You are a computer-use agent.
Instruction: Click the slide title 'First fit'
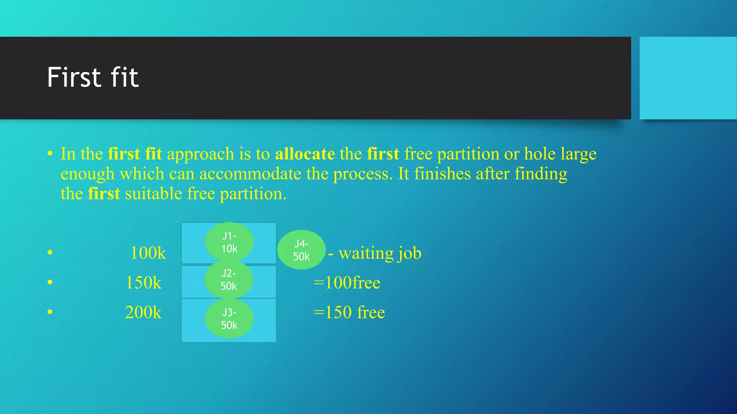coord(92,77)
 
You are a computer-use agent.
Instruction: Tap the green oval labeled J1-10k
coord(229,242)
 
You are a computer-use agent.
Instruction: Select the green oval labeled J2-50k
coord(229,280)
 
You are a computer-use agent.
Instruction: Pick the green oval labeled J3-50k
coord(229,319)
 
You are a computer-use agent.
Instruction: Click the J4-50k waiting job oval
coord(302,250)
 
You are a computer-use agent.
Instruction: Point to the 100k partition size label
coord(148,253)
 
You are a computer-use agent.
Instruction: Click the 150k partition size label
coord(143,282)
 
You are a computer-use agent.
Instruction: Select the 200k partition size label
coord(143,312)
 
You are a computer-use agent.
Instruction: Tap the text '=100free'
coord(347,282)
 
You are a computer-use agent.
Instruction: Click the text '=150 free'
coord(349,312)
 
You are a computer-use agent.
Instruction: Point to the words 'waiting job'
coord(380,253)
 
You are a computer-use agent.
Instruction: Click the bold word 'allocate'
coord(305,154)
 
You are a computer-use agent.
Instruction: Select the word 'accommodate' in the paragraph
coord(250,174)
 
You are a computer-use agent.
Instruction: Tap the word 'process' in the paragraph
coord(361,174)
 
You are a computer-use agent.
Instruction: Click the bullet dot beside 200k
coord(50,312)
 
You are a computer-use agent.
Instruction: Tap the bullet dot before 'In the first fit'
coord(50,154)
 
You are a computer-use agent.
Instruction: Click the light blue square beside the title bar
coord(688,78)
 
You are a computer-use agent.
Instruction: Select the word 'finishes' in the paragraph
coord(442,174)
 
